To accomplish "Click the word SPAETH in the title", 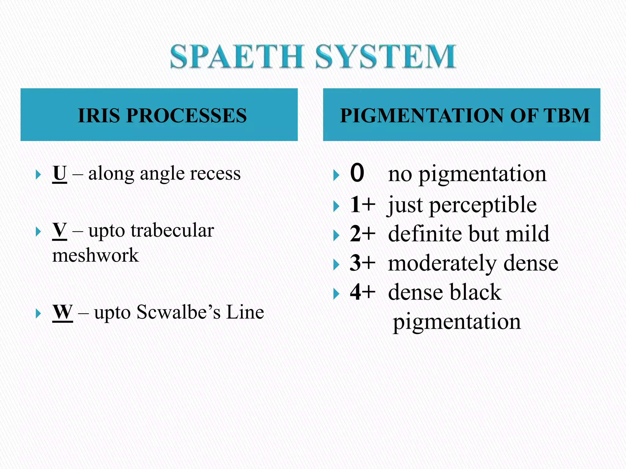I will click(237, 56).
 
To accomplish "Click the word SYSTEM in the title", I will click(386, 56).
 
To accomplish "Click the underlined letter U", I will click(60, 173).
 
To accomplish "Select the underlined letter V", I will click(60, 230).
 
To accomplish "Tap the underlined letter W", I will click(63, 312).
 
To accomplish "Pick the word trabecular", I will click(172, 230).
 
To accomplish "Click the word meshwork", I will click(95, 255).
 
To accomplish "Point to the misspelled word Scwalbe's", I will click(179, 312).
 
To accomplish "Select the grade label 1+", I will click(363, 205).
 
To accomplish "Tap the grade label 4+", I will click(363, 292).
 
